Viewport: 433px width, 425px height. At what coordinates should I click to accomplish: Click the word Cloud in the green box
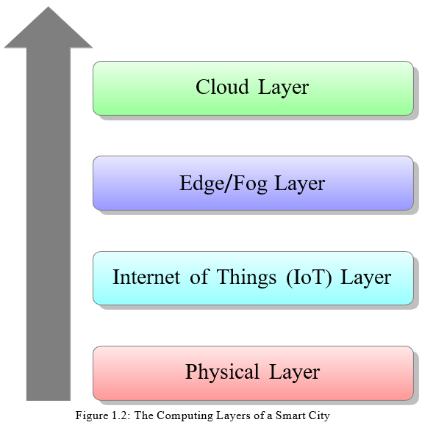tap(222, 87)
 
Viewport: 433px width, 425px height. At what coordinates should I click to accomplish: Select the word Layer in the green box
tap(283, 88)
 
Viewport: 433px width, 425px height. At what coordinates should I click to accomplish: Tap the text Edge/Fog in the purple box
tap(223, 184)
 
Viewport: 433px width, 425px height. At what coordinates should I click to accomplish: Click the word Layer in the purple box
tap(300, 184)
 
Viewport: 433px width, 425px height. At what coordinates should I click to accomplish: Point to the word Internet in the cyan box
tap(146, 277)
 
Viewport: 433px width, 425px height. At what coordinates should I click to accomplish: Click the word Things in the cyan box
tap(246, 277)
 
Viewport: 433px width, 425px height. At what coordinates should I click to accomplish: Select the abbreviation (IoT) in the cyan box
tap(309, 277)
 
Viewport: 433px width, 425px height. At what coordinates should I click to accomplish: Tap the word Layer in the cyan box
tap(365, 278)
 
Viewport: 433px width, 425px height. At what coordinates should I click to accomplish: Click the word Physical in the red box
tap(222, 372)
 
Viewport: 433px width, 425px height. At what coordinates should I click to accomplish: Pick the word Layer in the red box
tap(294, 373)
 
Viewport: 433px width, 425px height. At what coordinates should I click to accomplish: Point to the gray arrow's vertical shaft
tap(49, 224)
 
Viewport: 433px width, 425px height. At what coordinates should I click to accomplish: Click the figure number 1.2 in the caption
tap(120, 415)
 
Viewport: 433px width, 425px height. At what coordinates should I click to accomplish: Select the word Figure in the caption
tap(92, 416)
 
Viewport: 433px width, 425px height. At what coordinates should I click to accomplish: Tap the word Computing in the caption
tap(185, 416)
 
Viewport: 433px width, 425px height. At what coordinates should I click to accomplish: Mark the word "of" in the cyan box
tap(198, 277)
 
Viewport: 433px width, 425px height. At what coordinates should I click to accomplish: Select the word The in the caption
tap(144, 415)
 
